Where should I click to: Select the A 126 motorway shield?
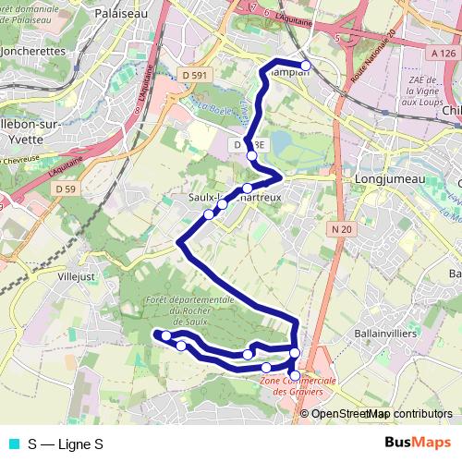(x=442, y=55)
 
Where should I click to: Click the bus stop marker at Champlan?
(x=306, y=65)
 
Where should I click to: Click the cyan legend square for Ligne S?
(x=14, y=444)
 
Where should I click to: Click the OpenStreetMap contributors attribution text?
(x=381, y=414)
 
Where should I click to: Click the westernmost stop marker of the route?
(x=158, y=334)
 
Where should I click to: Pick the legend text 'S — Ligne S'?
(x=66, y=444)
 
